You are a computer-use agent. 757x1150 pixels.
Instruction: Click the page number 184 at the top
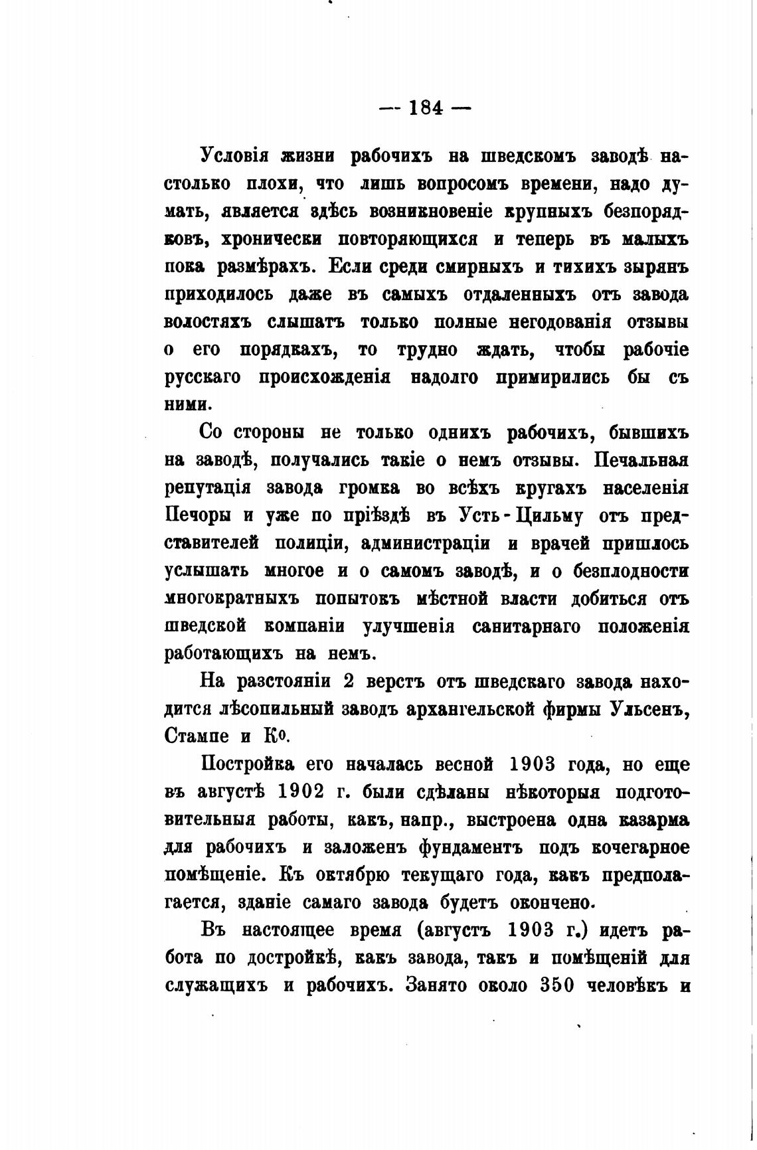coord(426,108)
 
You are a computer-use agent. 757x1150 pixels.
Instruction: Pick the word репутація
coord(207,489)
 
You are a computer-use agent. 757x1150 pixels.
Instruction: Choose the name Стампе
coord(196,736)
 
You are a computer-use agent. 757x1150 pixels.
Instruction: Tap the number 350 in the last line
coord(556,985)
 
